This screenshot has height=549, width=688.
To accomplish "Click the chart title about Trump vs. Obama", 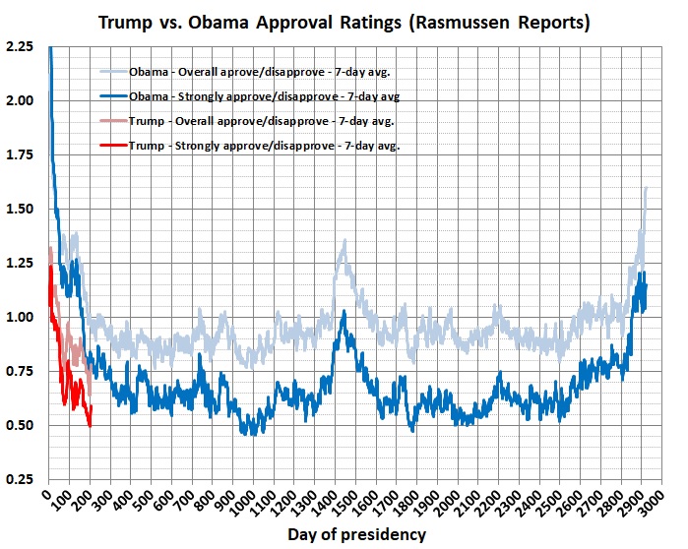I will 343,22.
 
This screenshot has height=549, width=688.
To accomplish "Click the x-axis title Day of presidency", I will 357,534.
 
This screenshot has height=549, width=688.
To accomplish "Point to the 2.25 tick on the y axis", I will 21,46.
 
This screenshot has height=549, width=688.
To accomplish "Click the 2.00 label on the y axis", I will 21,100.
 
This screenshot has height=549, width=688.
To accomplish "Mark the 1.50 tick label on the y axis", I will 21,209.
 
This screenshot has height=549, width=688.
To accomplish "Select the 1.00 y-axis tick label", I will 21,317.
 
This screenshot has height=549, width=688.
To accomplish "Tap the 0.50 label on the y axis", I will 21,425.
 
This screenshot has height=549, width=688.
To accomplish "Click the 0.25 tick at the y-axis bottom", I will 21,479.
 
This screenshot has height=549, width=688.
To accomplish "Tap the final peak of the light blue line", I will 646,187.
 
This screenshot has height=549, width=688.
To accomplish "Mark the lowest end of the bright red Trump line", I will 91,425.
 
